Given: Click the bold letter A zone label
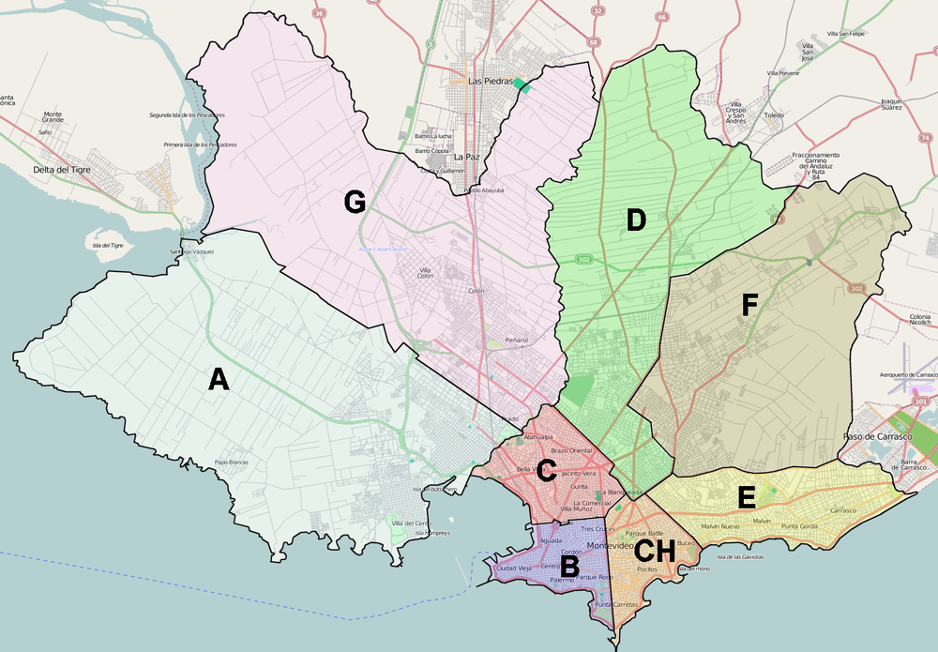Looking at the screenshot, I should click(218, 379).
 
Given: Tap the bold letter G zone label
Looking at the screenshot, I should click(354, 202).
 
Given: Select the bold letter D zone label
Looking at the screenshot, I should click(636, 221).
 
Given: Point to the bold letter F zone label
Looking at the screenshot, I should click(749, 306).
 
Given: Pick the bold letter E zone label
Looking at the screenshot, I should click(747, 497).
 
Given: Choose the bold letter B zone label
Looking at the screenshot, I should click(568, 566).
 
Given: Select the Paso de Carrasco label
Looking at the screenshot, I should click(876, 437).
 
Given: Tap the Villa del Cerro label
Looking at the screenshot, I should click(411, 523).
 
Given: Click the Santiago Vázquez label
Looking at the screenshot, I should click(191, 252).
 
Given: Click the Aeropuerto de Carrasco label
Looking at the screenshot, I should click(905, 375).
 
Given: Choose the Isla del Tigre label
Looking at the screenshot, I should click(109, 245).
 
